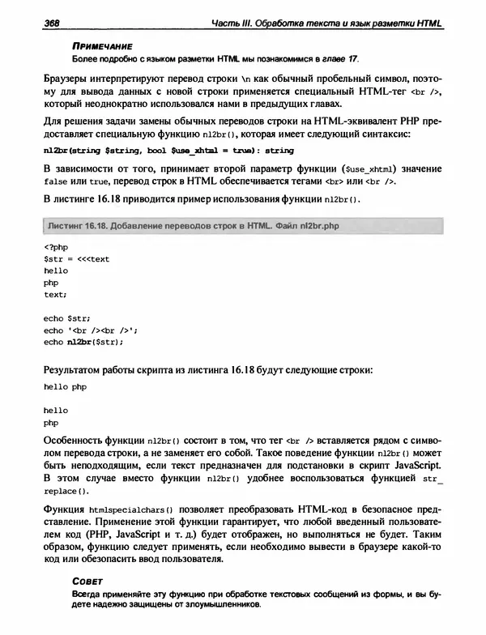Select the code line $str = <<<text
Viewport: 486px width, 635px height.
[75, 260]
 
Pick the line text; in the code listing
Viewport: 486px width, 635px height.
[56, 296]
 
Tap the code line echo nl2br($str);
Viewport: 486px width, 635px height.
[83, 342]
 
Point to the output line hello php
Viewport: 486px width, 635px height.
[65, 388]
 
